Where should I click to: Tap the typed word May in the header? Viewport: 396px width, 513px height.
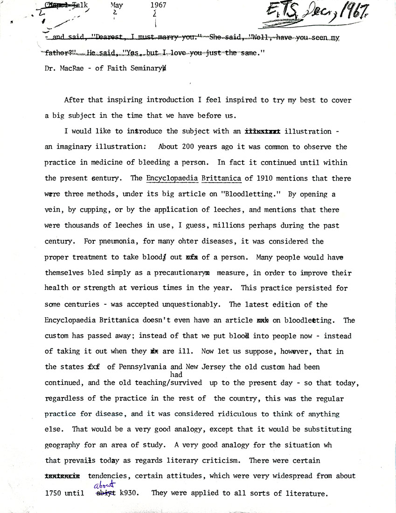(116, 6)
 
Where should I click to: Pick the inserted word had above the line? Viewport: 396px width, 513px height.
(176, 374)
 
